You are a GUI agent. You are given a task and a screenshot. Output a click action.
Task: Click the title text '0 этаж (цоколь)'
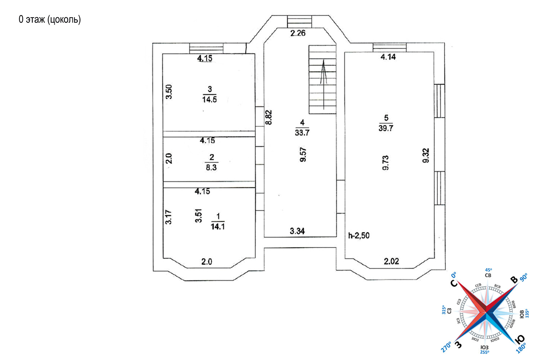pyautogui.click(x=50, y=19)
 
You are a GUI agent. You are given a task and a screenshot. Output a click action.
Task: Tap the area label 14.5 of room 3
pyautogui.click(x=210, y=99)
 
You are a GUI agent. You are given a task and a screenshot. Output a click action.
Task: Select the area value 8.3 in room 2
pyautogui.click(x=211, y=167)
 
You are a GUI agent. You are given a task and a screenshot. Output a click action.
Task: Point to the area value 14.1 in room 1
pyautogui.click(x=218, y=226)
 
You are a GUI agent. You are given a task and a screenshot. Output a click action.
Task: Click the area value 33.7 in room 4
pyautogui.click(x=302, y=132)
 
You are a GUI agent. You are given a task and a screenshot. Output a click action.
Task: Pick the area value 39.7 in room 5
pyautogui.click(x=386, y=128)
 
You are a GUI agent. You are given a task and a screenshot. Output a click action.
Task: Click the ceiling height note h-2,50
pyautogui.click(x=359, y=235)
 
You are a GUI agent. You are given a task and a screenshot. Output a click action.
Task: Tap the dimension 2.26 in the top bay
pyautogui.click(x=298, y=33)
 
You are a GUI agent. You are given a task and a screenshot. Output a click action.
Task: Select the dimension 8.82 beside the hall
pyautogui.click(x=269, y=117)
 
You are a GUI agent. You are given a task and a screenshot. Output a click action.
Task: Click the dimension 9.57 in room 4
pyautogui.click(x=303, y=154)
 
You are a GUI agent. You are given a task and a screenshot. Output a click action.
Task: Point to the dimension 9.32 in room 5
pyautogui.click(x=426, y=156)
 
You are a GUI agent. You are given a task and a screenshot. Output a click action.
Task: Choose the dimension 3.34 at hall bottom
pyautogui.click(x=297, y=231)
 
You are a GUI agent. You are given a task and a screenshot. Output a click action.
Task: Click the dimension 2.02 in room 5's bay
pyautogui.click(x=391, y=261)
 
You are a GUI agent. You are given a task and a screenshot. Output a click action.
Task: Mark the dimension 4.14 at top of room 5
pyautogui.click(x=388, y=57)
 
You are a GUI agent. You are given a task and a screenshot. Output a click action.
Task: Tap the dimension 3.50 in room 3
pyautogui.click(x=169, y=92)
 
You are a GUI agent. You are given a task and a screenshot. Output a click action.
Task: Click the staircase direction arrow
pyautogui.click(x=323, y=83)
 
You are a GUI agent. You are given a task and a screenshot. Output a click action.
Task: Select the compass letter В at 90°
pyautogui.click(x=514, y=280)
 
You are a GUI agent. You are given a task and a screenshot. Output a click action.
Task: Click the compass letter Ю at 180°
pyautogui.click(x=520, y=339)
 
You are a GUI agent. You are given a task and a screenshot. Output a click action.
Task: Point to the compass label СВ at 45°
pyautogui.click(x=488, y=275)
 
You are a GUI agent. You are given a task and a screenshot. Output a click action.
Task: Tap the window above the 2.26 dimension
pyautogui.click(x=300, y=21)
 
